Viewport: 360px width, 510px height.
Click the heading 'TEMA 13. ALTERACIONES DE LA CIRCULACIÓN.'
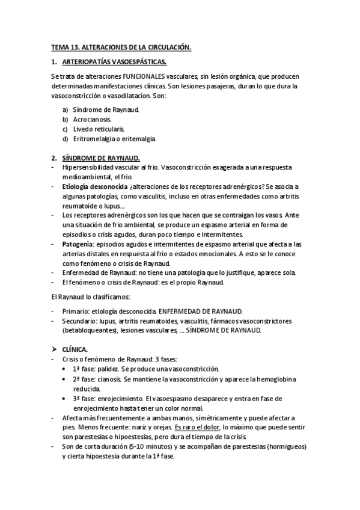tap(121, 47)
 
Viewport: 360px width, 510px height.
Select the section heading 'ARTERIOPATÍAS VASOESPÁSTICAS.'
tap(114, 62)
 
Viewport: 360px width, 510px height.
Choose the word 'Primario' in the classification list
tap(74, 312)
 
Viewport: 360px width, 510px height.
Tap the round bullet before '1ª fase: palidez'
tap(65, 368)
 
